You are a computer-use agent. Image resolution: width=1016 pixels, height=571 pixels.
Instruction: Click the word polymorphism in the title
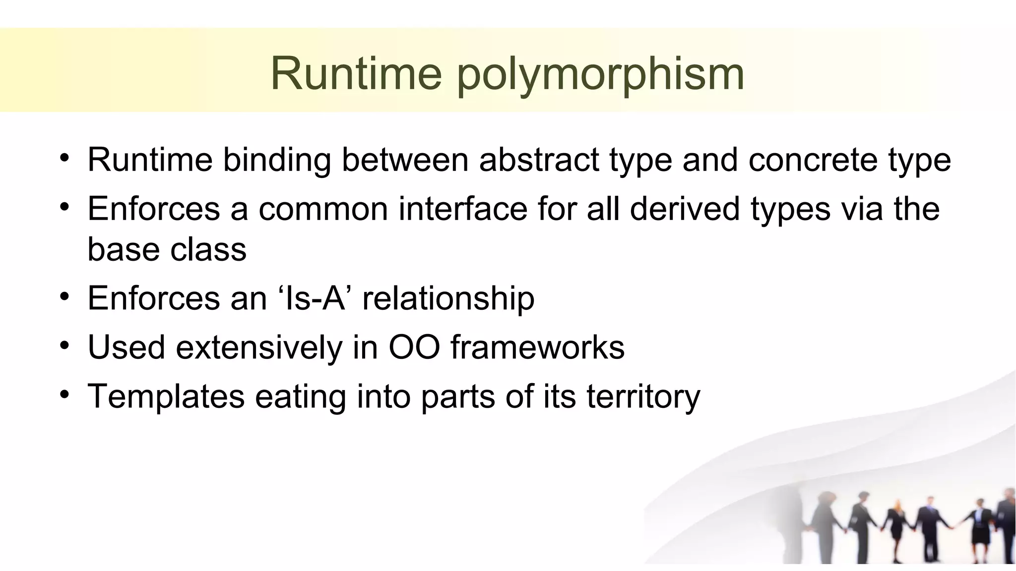tap(600, 74)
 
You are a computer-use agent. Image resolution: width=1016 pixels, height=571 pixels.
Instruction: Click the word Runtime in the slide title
tap(356, 74)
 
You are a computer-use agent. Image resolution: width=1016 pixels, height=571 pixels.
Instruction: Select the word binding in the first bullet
tap(276, 160)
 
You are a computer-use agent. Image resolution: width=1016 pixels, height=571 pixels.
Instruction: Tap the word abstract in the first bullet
tap(539, 160)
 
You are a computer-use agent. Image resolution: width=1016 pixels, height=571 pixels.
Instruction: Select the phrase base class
tap(167, 249)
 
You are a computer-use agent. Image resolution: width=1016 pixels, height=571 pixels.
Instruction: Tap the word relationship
tap(448, 298)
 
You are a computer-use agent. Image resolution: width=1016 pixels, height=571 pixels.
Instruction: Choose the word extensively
tap(259, 347)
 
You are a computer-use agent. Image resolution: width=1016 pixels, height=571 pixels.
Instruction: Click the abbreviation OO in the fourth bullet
tap(414, 347)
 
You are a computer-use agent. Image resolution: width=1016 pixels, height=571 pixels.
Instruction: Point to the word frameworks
tap(537, 347)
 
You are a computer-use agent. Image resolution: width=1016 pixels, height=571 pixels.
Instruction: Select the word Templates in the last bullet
tap(166, 397)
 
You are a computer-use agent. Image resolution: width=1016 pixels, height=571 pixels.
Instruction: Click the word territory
tap(643, 397)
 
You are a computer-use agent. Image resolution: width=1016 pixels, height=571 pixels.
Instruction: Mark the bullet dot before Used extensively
tap(64, 345)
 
